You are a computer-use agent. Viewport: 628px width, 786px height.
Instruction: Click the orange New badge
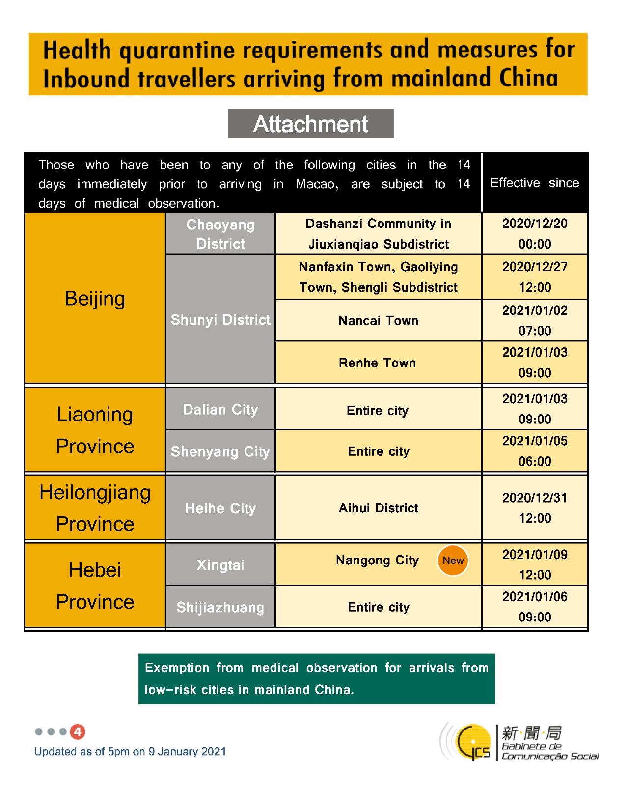click(x=452, y=561)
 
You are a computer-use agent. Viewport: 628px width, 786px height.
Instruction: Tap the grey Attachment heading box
click(x=310, y=124)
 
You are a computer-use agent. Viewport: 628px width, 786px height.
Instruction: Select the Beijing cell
click(x=95, y=298)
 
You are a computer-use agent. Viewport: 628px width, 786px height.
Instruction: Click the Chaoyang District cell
click(x=220, y=234)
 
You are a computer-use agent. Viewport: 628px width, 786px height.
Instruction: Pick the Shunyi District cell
click(x=220, y=319)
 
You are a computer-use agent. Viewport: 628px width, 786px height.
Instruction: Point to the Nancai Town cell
click(x=378, y=321)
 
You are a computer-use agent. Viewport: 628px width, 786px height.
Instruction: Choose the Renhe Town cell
click(x=378, y=363)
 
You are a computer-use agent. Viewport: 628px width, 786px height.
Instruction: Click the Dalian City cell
click(x=220, y=409)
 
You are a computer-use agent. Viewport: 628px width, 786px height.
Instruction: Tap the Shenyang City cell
click(x=220, y=451)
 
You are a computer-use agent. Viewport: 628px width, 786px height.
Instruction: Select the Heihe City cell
click(x=220, y=508)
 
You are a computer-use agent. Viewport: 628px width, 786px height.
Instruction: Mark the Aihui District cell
click(x=378, y=508)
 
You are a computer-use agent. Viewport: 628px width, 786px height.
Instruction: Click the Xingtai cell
click(x=220, y=565)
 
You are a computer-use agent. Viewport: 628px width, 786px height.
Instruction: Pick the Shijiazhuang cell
click(x=220, y=607)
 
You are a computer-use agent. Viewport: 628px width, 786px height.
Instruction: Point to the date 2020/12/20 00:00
click(x=535, y=234)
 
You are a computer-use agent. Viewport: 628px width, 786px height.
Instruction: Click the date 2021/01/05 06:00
click(x=535, y=451)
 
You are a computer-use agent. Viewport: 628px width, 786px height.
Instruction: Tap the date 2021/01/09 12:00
click(x=535, y=564)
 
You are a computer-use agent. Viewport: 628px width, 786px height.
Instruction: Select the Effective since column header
click(x=535, y=183)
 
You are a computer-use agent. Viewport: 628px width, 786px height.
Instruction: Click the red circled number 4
click(x=78, y=731)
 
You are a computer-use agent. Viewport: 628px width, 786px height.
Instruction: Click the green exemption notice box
click(x=317, y=679)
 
